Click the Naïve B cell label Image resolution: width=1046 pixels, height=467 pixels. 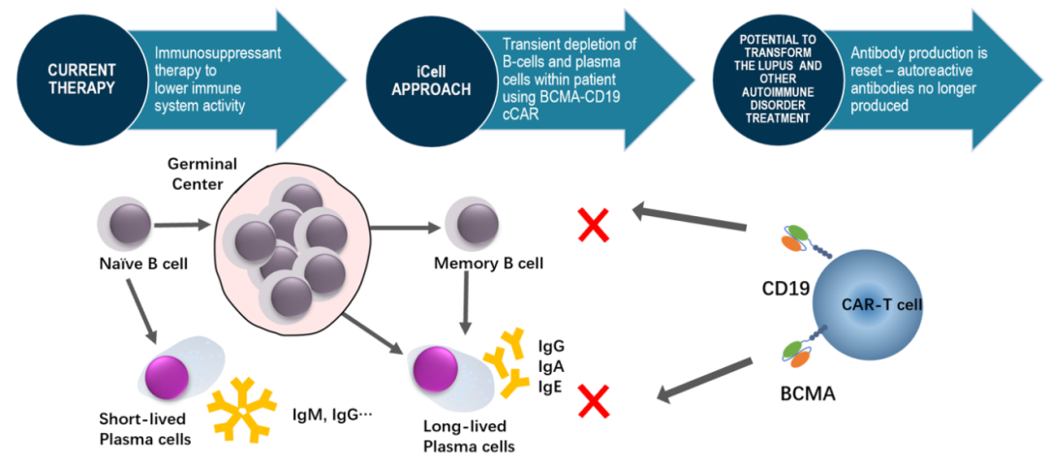coord(139,262)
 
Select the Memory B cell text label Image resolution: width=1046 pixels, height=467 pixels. coord(489,263)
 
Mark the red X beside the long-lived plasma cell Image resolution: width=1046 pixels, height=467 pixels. coord(595,401)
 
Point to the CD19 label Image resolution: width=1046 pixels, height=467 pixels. coord(785,288)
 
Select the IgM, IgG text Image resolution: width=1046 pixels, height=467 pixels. coord(331,414)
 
